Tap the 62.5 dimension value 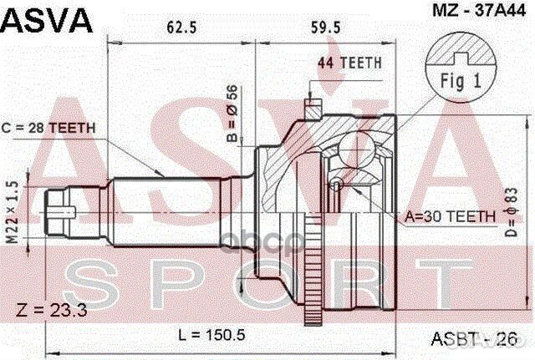click(181, 28)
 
